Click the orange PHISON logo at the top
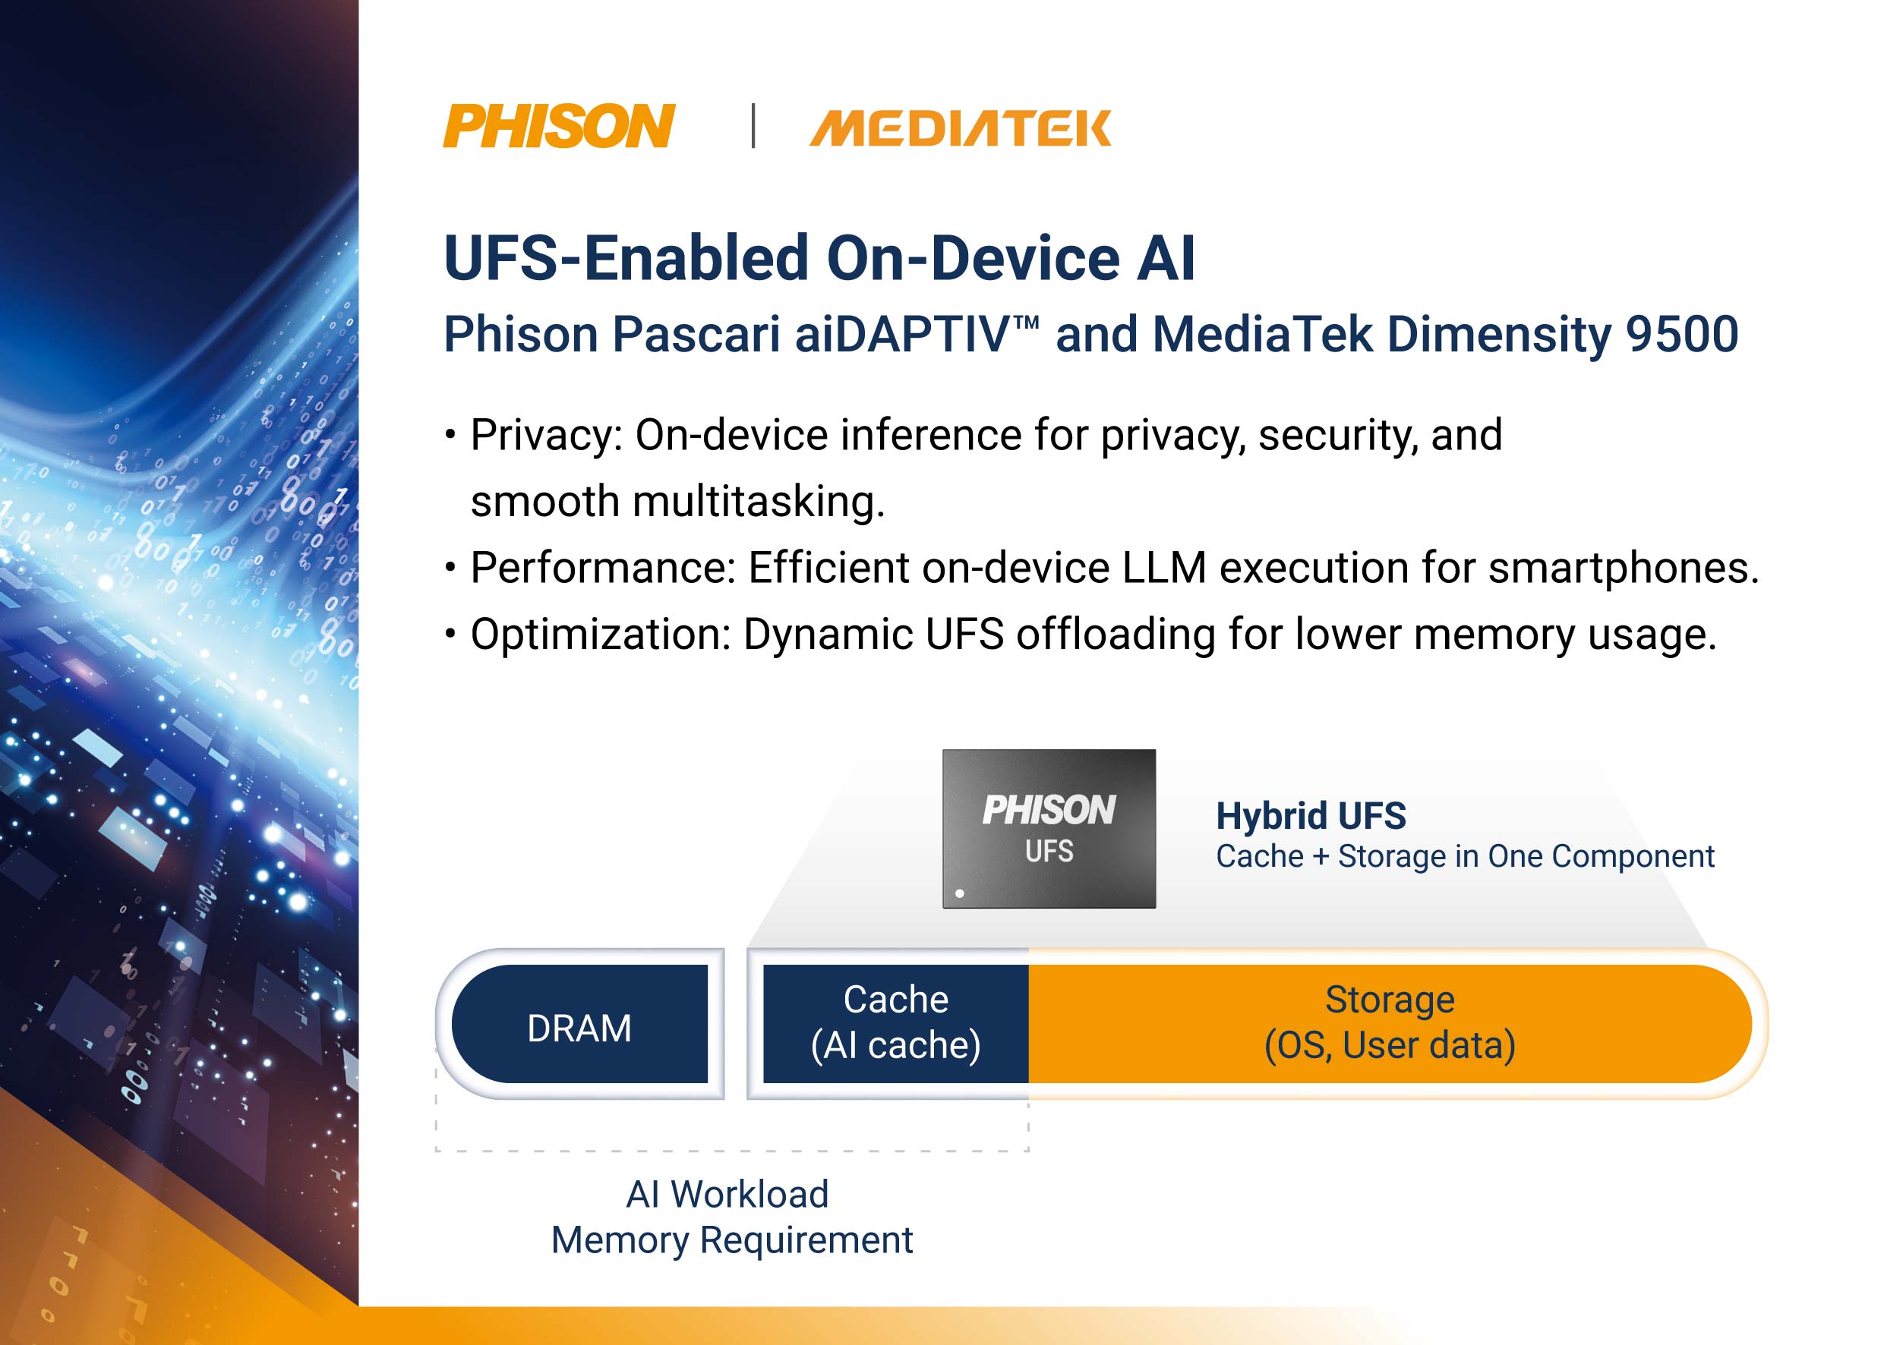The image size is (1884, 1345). (559, 126)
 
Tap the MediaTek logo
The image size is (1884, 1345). (961, 128)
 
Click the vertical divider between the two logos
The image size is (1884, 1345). (753, 126)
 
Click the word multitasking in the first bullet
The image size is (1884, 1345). (758, 502)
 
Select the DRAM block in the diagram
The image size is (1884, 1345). (580, 1024)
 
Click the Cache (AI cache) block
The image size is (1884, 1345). (895, 1024)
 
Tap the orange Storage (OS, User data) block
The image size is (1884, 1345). (1390, 1024)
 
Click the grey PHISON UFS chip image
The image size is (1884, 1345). (1049, 828)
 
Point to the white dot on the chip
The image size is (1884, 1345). (959, 893)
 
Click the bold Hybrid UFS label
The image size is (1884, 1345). (1311, 816)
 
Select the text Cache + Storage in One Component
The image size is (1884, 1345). (1465, 856)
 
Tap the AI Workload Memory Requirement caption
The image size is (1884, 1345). (731, 1217)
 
